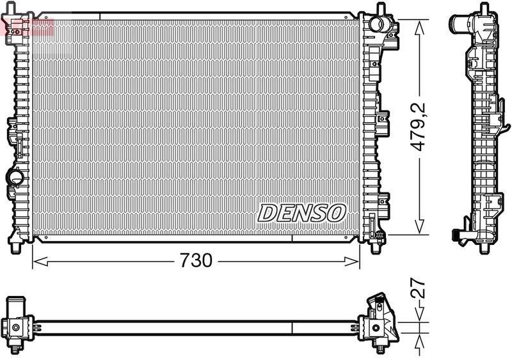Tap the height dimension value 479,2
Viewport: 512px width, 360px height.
(x=419, y=127)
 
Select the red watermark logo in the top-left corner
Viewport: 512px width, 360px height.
(x=26, y=26)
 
